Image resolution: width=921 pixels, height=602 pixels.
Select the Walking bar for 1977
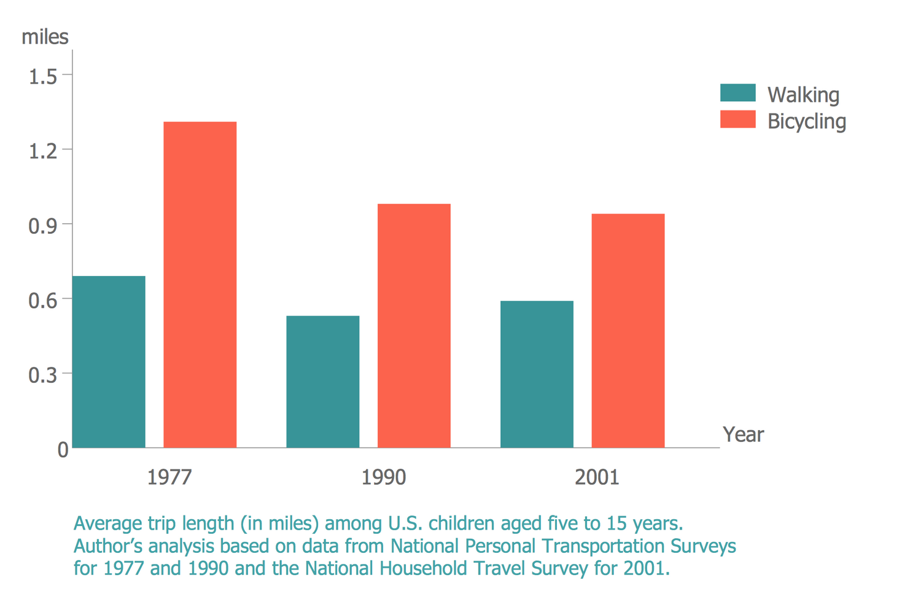109,362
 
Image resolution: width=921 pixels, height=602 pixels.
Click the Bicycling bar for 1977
200,285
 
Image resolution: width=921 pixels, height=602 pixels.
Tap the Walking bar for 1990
322,382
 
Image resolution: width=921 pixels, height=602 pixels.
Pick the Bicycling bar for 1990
414,326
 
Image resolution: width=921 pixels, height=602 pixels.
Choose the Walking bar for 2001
537,374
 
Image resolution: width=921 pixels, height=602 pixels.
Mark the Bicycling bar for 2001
628,331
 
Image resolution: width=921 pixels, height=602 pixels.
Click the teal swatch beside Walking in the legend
737,93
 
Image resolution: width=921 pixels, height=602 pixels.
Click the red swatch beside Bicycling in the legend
737,119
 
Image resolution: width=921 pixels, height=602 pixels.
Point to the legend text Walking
803,95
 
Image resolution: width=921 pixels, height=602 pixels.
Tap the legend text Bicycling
806,121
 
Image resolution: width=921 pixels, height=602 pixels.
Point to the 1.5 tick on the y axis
43,76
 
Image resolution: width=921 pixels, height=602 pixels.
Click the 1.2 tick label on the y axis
43,151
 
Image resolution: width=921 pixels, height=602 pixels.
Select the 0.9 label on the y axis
43,226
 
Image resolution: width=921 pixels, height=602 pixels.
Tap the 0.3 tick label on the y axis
43,375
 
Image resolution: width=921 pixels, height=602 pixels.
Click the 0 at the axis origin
63,450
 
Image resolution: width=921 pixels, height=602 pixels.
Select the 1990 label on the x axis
383,477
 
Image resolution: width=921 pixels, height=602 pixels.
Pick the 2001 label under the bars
597,477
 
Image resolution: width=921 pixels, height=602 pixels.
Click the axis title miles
45,37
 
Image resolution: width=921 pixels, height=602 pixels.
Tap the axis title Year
743,434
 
